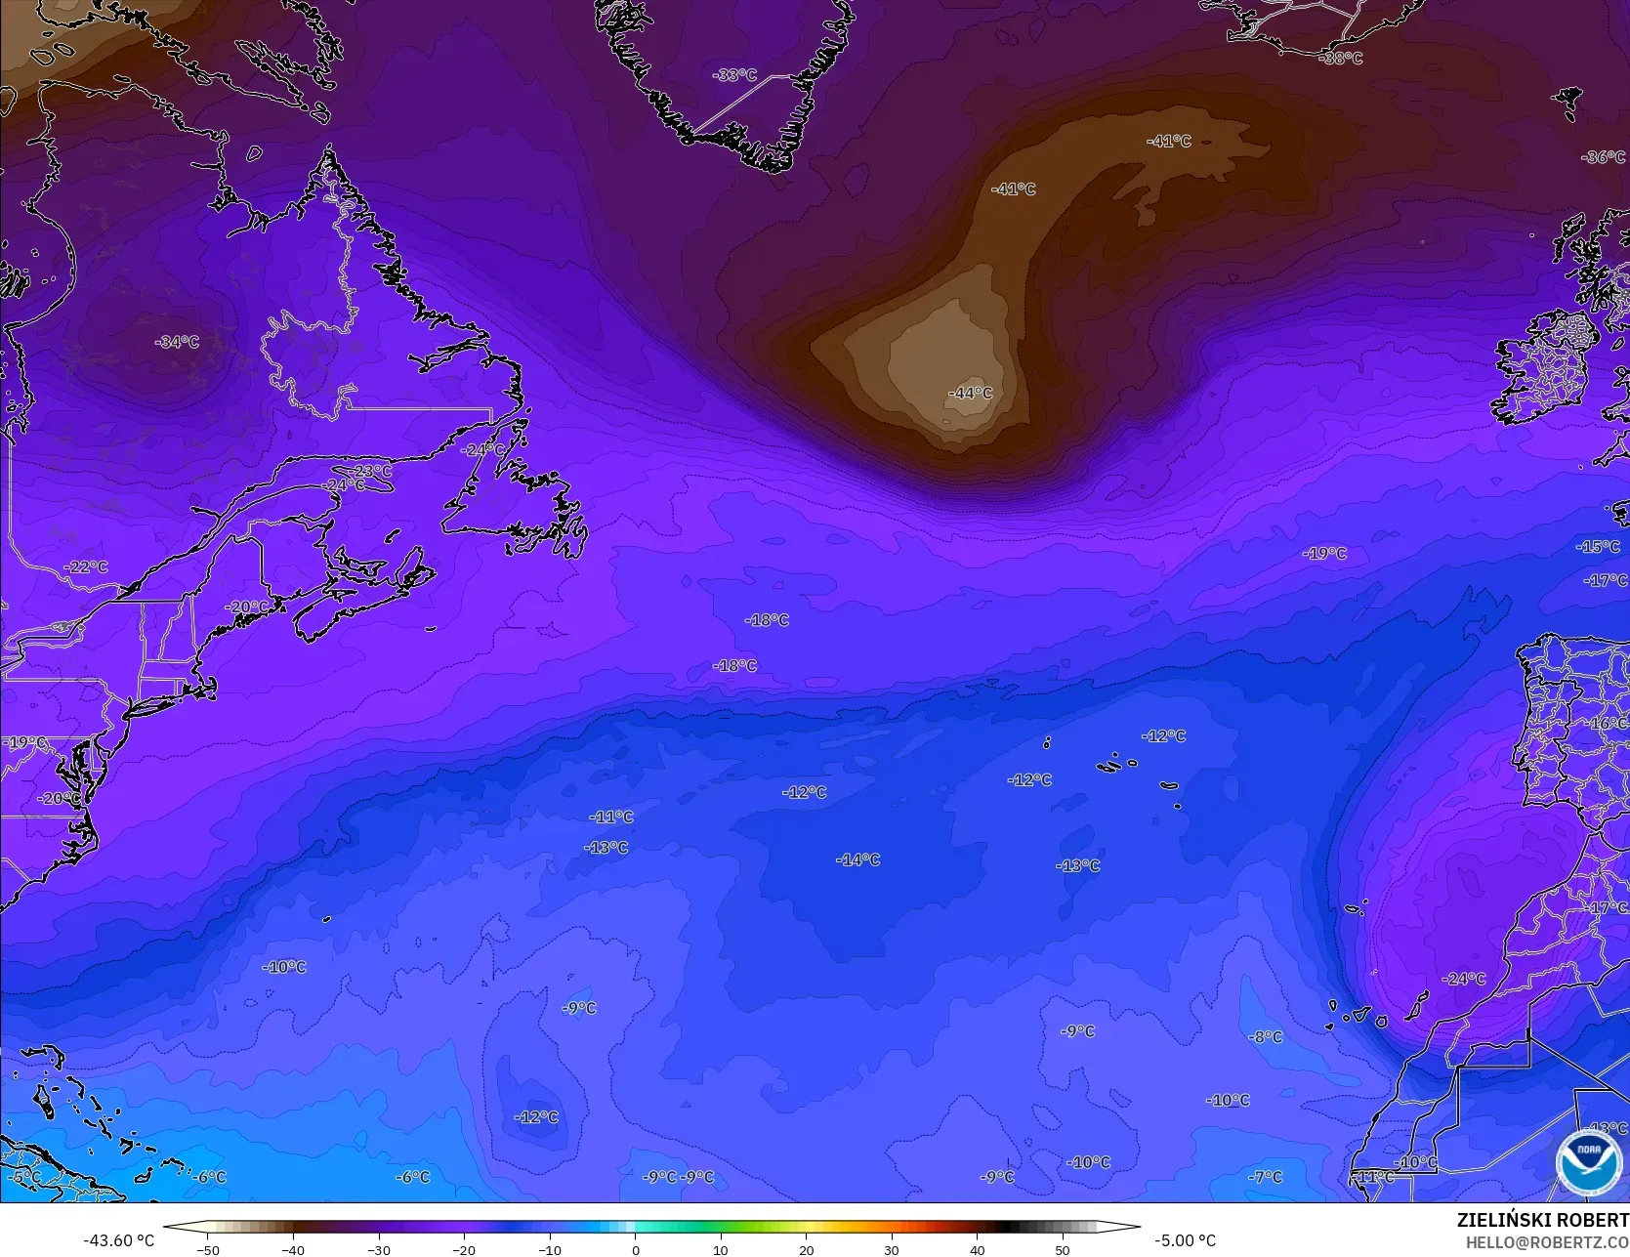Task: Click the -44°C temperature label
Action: coord(970,393)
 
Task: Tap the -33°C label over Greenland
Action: coord(734,75)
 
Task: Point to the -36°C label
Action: coord(1604,157)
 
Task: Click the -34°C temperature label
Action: coord(177,342)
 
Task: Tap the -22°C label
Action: coord(86,567)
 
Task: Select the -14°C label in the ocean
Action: coord(858,859)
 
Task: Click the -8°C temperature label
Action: coord(1266,1036)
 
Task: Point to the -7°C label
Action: coord(1266,1177)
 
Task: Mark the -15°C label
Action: coord(1598,547)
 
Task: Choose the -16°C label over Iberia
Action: coord(1608,724)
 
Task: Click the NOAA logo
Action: coord(1588,1162)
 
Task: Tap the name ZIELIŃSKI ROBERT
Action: coord(1542,1220)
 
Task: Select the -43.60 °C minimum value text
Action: coord(119,1240)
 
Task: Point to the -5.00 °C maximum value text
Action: coord(1185,1240)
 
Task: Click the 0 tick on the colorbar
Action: coord(635,1250)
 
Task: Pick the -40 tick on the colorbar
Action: coord(293,1250)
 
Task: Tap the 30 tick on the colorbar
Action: coord(891,1250)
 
